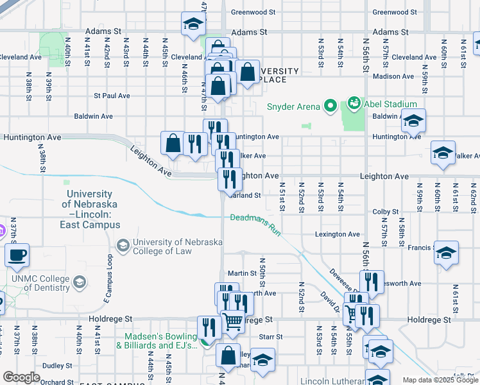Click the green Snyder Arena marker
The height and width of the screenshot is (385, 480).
point(330,104)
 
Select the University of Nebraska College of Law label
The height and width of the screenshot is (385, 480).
point(176,247)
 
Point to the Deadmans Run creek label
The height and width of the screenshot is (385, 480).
point(256,223)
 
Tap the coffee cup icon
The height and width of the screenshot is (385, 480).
point(17,255)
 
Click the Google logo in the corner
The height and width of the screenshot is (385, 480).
point(21,377)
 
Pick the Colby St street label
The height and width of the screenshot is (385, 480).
point(386,212)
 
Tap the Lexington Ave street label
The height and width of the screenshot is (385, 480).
point(338,235)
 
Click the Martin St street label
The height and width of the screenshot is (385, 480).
point(242,273)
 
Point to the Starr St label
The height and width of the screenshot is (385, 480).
point(270,337)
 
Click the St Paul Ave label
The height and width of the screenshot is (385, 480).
point(112,96)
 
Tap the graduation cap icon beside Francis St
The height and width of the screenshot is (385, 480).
point(445,253)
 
